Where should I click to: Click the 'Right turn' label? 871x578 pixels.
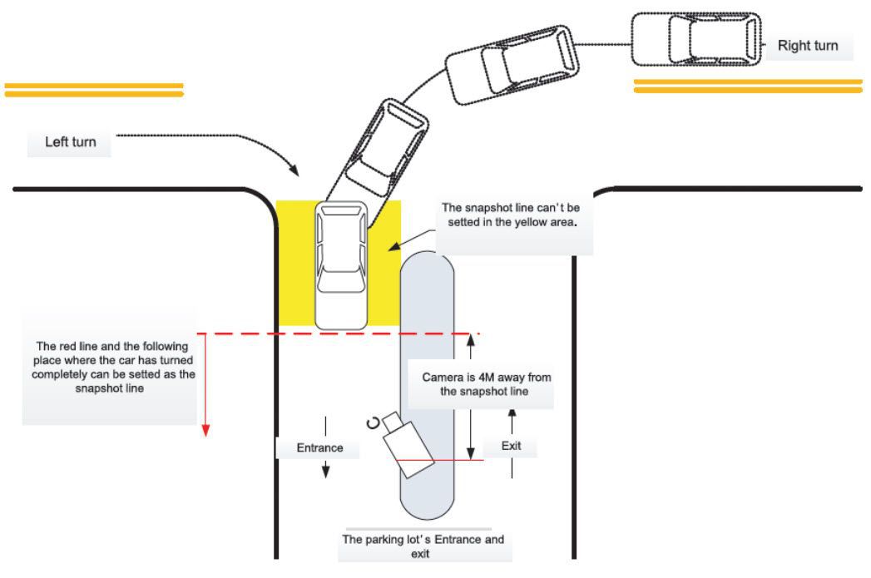[x=807, y=46]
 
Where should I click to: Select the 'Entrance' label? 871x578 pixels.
[x=320, y=448]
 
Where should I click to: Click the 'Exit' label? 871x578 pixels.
[x=511, y=446]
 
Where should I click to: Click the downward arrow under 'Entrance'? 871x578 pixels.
[x=326, y=470]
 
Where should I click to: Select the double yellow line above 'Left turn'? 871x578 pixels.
[x=93, y=89]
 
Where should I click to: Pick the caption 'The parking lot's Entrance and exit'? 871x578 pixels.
[x=423, y=545]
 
